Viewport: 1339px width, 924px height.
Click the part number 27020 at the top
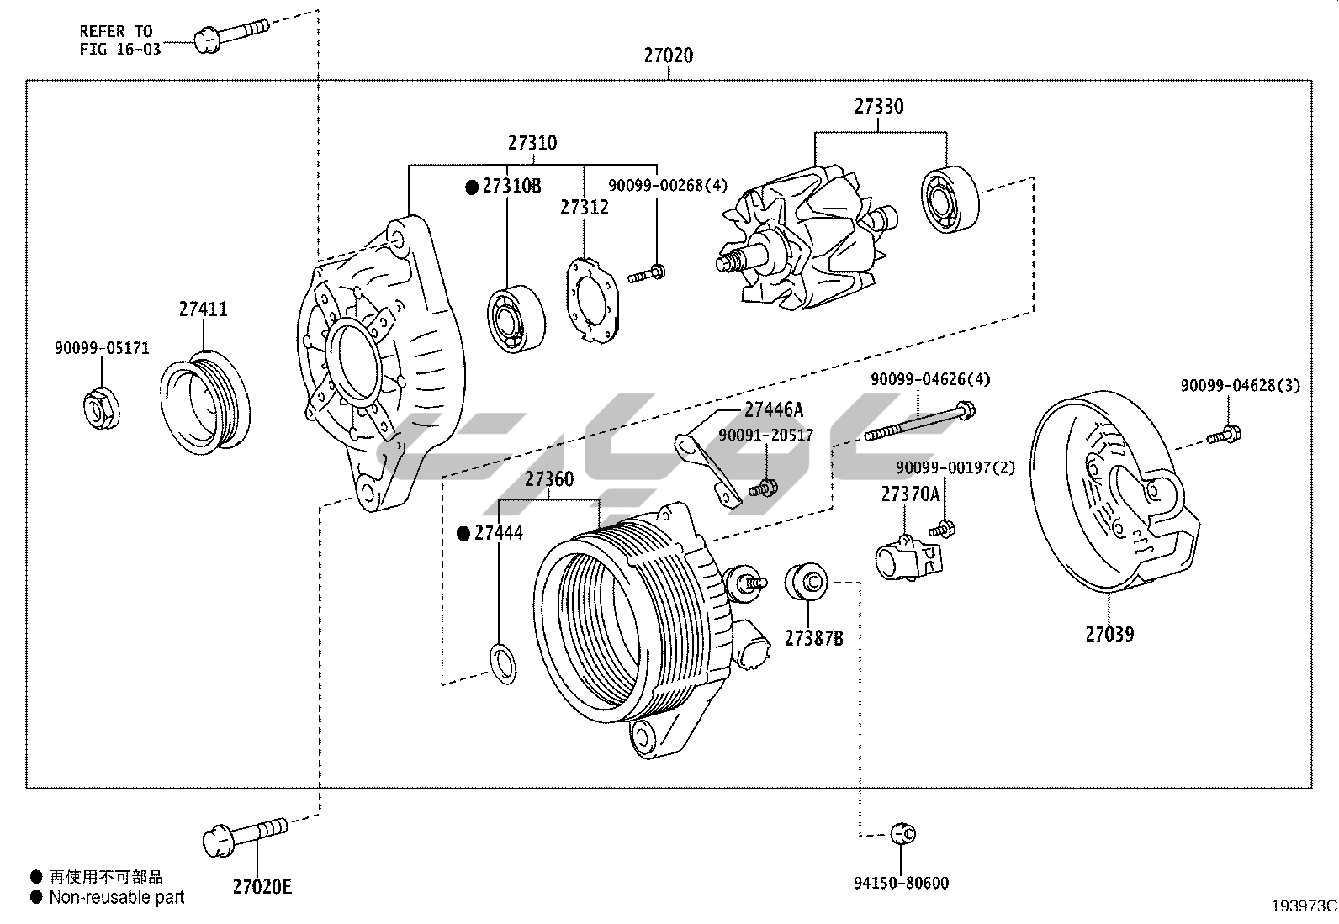tap(669, 55)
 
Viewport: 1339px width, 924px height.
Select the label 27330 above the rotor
tap(879, 107)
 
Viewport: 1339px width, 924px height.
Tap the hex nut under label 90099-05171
tap(102, 408)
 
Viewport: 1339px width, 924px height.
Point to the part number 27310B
tap(511, 187)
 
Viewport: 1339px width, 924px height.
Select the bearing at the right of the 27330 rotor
tap(950, 199)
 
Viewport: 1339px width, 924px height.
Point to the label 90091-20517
tap(765, 435)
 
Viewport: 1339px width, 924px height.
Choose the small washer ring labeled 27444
tap(503, 662)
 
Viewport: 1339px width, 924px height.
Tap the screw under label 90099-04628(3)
tap(1224, 436)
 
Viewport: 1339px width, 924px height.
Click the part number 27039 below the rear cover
tap(1109, 634)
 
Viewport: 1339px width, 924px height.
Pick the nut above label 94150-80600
tap(903, 834)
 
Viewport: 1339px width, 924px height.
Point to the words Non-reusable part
tap(117, 897)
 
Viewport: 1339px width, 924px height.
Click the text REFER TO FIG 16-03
tap(120, 40)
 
